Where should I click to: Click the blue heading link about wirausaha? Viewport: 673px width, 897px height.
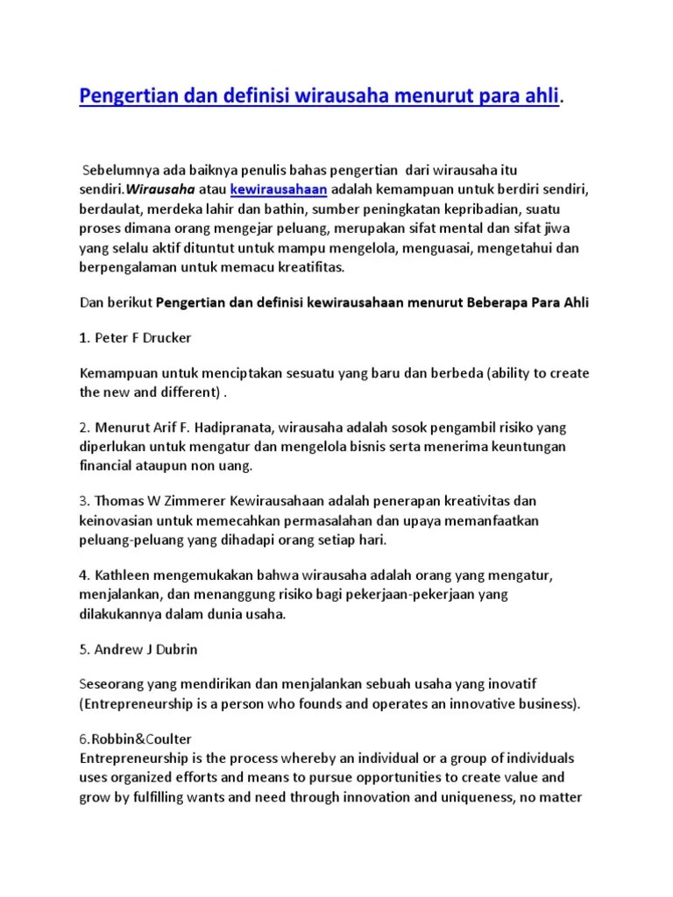(319, 95)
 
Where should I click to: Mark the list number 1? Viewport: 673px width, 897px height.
(84, 337)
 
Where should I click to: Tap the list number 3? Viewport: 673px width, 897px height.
(84, 500)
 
